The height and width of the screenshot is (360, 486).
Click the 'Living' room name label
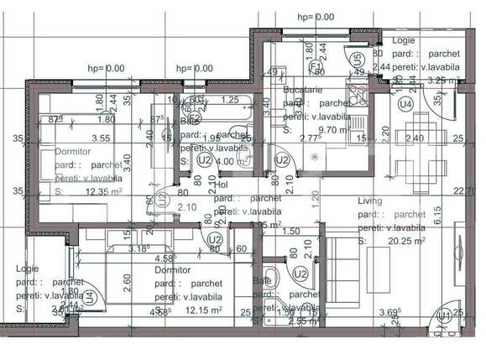coord(370,201)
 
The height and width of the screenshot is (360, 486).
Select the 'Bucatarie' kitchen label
coord(303,89)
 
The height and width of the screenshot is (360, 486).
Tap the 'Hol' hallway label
coord(222,185)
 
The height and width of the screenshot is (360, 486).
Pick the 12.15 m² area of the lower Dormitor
coord(202,310)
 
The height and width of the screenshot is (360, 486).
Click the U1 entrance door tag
coord(440,317)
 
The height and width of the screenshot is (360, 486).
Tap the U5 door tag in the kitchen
coord(358,60)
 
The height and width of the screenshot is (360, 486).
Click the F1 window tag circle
coord(317,65)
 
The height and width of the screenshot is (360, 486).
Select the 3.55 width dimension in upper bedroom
coord(102,138)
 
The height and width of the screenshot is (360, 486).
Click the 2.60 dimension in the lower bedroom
coord(127,283)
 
